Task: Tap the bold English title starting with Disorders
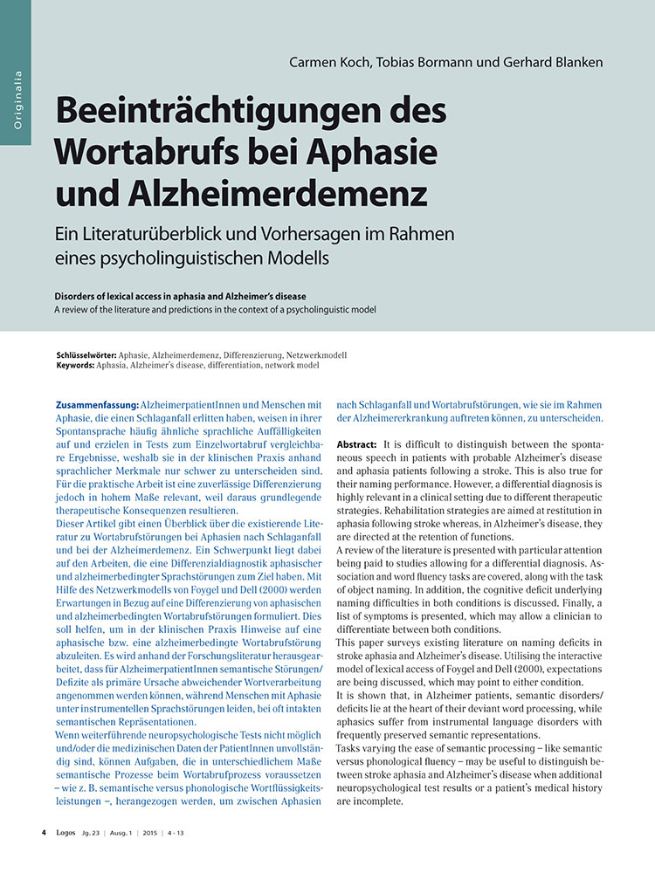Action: tap(186, 297)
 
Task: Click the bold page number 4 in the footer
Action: tap(44, 834)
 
